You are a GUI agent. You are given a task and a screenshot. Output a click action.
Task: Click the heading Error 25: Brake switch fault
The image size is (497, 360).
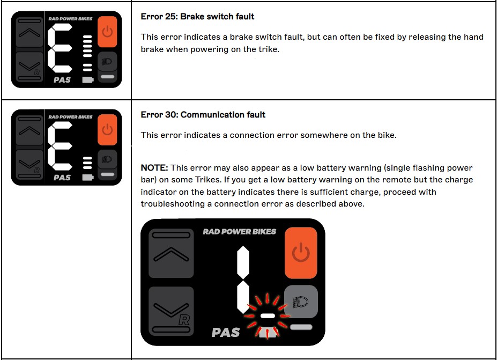(197, 17)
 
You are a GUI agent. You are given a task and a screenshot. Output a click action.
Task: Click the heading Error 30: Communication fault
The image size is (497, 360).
(203, 115)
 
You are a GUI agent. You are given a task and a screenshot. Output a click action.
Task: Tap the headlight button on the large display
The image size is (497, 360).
(301, 302)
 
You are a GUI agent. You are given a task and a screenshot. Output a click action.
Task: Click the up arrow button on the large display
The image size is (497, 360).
(171, 254)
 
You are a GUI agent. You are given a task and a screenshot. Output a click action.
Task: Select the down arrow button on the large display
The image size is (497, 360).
(171, 311)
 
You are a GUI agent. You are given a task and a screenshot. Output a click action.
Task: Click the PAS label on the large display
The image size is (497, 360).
(225, 333)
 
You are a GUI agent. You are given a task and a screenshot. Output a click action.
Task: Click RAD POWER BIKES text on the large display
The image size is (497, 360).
(239, 232)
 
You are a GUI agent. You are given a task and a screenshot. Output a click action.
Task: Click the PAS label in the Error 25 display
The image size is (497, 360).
(62, 80)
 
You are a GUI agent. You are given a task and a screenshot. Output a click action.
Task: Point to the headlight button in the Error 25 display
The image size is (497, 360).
(107, 61)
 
